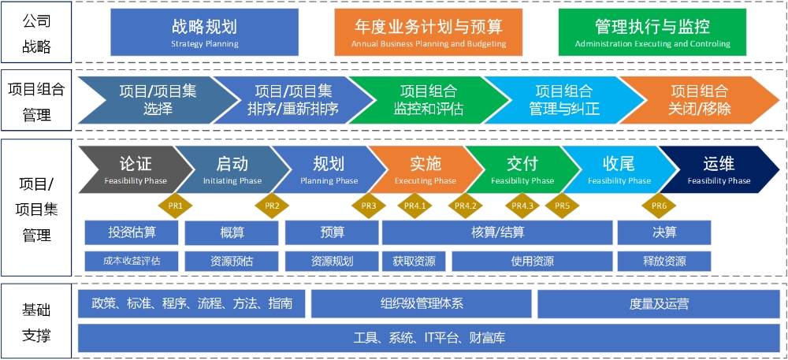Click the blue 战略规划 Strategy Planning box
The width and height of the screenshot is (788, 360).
[x=204, y=32]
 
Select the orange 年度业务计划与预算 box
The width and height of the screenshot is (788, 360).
[x=429, y=32]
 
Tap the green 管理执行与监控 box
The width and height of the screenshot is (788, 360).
[x=652, y=32]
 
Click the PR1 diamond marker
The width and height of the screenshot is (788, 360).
[x=175, y=206]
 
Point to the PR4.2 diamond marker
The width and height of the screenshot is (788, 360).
[x=466, y=206]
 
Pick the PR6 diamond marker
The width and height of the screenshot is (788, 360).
[x=659, y=206]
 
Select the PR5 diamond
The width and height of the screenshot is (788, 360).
[x=562, y=206]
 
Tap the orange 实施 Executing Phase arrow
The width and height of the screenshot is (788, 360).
[x=425, y=169]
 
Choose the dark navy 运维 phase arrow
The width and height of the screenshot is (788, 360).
[x=719, y=169]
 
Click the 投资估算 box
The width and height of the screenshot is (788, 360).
[x=132, y=232]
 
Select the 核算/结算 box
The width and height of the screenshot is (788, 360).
[x=497, y=232]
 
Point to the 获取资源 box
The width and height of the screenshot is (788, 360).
[x=414, y=262]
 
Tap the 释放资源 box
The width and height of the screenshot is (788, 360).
[x=663, y=262]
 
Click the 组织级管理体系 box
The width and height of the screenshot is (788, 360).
[x=421, y=303]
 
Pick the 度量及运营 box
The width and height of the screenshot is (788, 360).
[x=659, y=303]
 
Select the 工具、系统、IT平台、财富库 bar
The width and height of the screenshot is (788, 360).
[x=429, y=339]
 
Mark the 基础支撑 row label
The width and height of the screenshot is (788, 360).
[x=36, y=323]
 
